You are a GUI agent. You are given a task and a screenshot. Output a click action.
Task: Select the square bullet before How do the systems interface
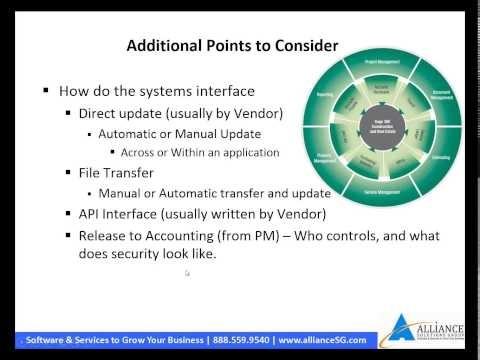click(46, 89)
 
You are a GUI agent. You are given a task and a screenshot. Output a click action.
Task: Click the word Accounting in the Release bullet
click(185, 235)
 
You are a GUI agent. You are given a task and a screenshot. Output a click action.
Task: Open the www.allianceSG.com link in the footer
click(324, 339)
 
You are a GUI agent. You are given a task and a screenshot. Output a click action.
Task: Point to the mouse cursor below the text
click(187, 274)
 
